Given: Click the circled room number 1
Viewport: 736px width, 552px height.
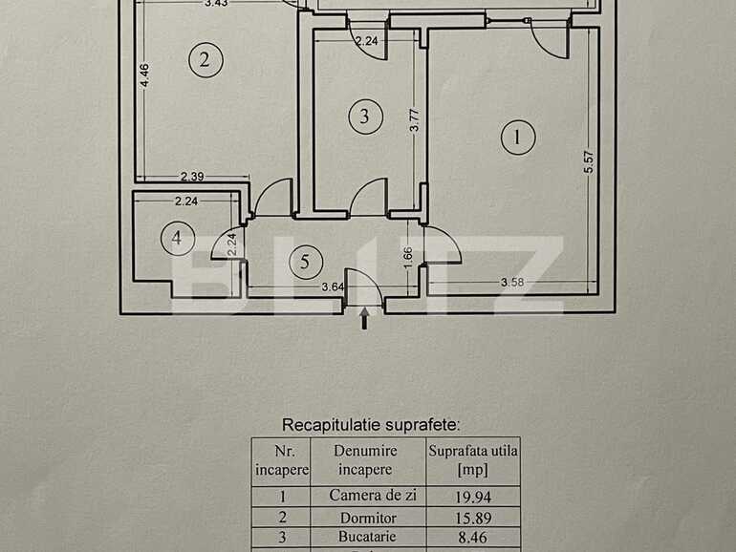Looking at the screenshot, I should tap(518, 138).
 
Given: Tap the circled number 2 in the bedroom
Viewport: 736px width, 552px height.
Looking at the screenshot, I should tap(204, 61).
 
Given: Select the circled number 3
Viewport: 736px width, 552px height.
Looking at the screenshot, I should tap(363, 117).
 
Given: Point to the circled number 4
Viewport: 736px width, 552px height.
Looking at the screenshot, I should tap(176, 238).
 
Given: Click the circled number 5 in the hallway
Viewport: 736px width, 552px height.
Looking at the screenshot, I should tap(305, 261).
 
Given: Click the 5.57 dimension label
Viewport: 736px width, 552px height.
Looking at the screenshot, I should tap(590, 163).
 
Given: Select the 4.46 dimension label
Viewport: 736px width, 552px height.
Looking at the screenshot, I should tap(144, 75).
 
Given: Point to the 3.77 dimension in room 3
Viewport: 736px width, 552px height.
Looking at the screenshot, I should tap(414, 119).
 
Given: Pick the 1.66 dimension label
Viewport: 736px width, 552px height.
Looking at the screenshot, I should tap(409, 256).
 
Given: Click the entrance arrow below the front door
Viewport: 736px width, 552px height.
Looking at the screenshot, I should tap(363, 319).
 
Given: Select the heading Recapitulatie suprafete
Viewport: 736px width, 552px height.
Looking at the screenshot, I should tap(371, 424).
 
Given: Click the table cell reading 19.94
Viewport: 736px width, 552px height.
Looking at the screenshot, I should tap(473, 496).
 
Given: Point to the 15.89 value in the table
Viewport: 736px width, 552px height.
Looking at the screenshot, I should tap(473, 518).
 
